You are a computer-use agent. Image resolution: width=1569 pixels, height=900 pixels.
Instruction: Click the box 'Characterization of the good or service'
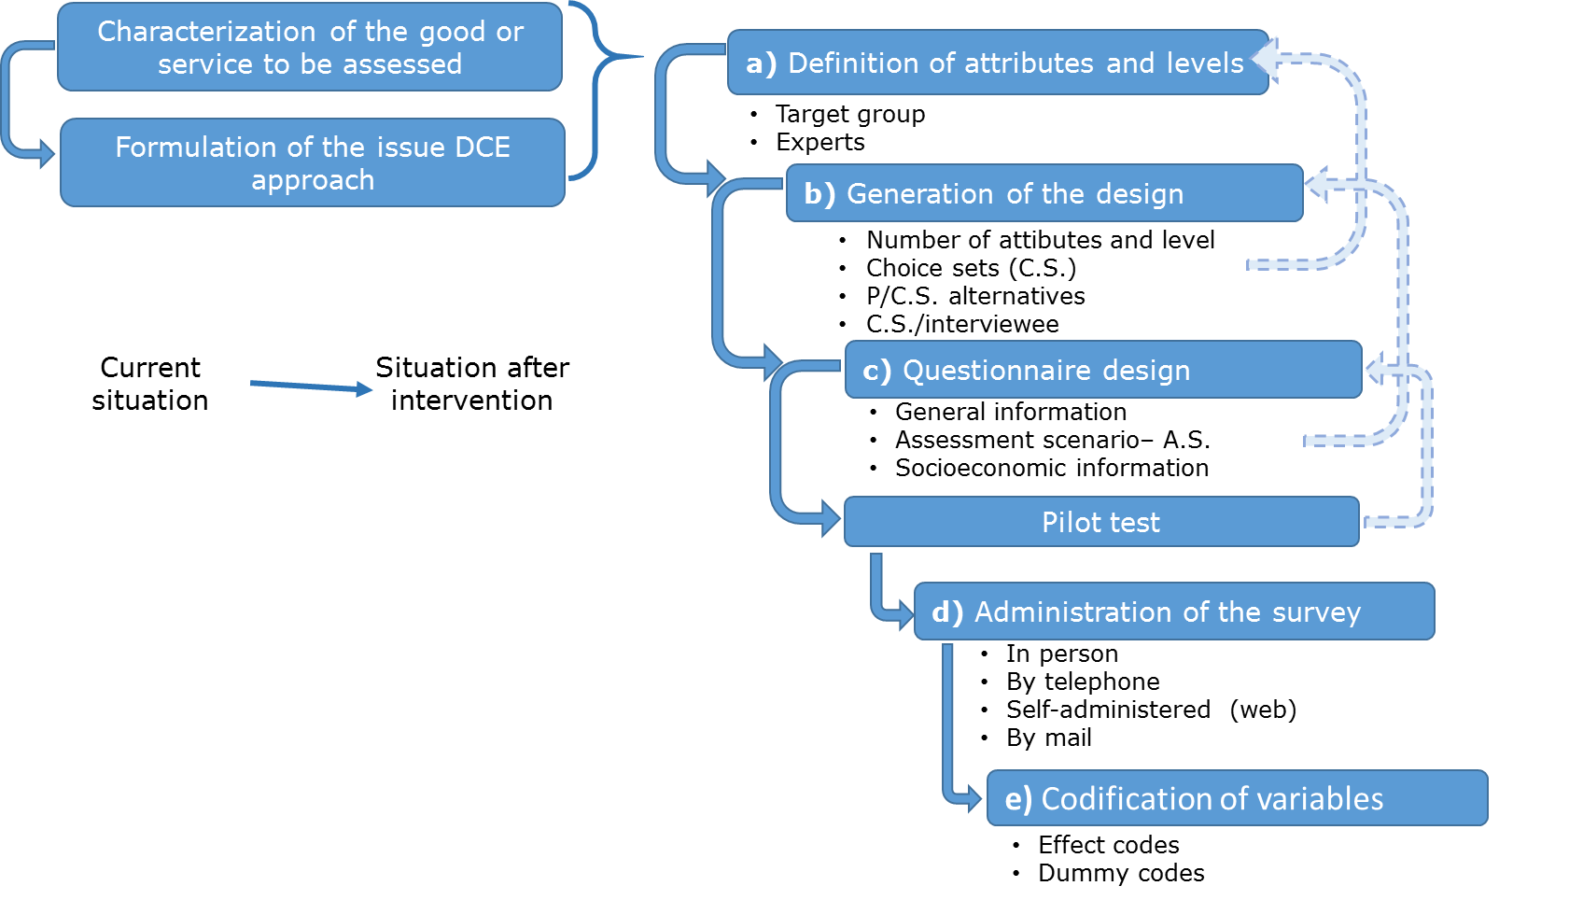pyautogui.click(x=310, y=47)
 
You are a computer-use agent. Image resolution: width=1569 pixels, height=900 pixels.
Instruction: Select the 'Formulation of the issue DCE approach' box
pyautogui.click(x=313, y=162)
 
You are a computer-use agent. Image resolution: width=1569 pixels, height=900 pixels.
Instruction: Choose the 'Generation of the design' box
pyautogui.click(x=1044, y=193)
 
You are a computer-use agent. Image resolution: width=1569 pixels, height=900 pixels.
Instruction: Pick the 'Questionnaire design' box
pyautogui.click(x=1102, y=370)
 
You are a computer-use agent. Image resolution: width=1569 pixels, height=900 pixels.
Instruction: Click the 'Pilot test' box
pyautogui.click(x=1100, y=522)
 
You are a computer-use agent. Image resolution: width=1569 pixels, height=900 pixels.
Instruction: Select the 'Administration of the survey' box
pyautogui.click(x=1173, y=612)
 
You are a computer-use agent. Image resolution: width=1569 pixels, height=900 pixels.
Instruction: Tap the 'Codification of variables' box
pyautogui.click(x=1237, y=798)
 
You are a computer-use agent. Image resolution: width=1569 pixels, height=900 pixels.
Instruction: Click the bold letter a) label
pyautogui.click(x=761, y=63)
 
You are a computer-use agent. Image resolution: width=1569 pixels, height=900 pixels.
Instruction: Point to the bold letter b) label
pyautogui.click(x=820, y=193)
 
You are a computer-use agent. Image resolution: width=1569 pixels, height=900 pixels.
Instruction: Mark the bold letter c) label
pyautogui.click(x=876, y=371)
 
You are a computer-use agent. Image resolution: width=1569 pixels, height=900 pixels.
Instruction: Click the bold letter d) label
pyautogui.click(x=946, y=612)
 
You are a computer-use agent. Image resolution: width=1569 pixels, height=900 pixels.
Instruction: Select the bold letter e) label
pyautogui.click(x=1018, y=799)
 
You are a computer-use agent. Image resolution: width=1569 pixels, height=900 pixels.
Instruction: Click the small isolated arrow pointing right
pyautogui.click(x=312, y=387)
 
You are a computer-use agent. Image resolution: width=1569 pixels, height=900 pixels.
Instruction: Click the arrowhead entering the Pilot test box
pyautogui.click(x=831, y=518)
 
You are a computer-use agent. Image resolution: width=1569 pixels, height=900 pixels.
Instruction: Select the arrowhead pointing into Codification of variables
pyautogui.click(x=974, y=798)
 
